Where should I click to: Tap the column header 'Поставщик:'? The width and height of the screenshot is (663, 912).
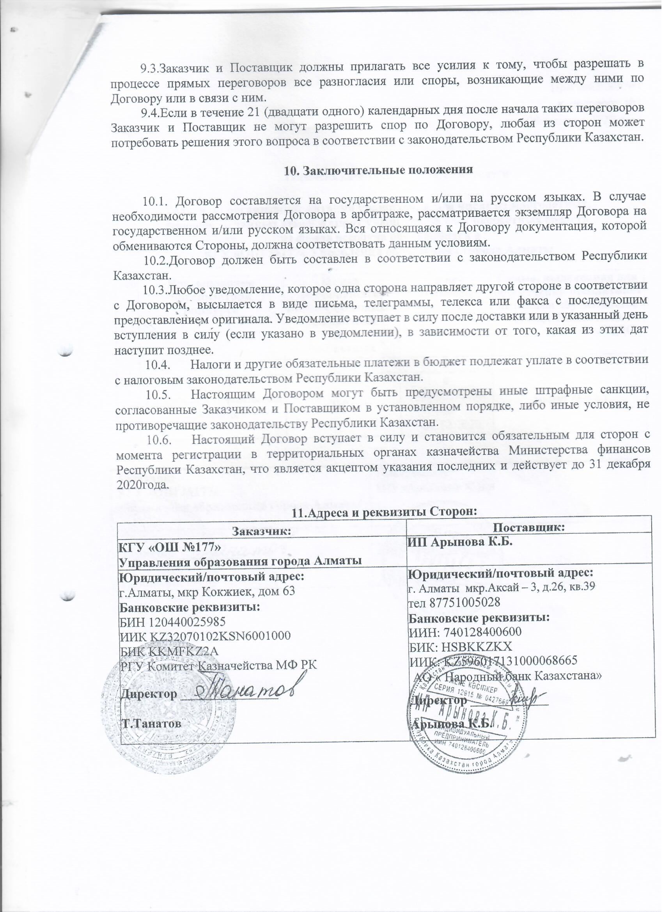click(x=529, y=527)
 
